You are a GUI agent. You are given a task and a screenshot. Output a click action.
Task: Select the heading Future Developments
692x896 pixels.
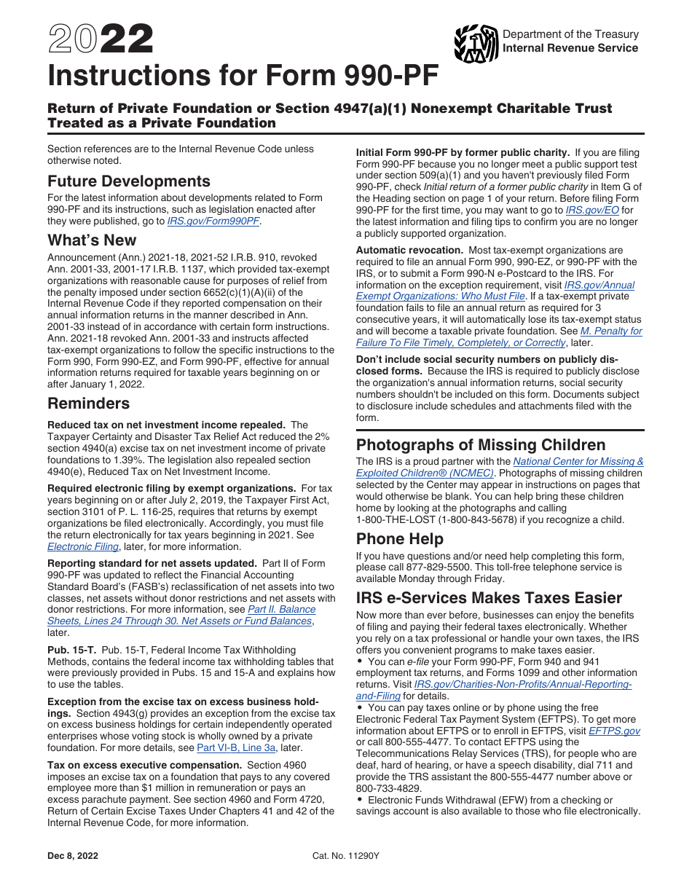click(129, 181)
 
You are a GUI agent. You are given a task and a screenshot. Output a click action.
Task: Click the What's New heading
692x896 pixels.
click(92, 240)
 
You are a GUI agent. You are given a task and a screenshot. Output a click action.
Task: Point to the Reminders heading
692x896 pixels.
click(89, 404)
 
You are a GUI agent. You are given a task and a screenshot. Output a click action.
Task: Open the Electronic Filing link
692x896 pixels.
click(82, 546)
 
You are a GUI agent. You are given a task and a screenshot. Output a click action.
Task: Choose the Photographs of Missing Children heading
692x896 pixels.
click(481, 445)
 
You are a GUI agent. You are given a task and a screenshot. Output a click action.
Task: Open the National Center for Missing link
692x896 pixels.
click(578, 461)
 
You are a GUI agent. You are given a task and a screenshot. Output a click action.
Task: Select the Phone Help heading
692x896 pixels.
click(400, 539)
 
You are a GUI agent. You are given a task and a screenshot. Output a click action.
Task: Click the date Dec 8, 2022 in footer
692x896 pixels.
click(73, 856)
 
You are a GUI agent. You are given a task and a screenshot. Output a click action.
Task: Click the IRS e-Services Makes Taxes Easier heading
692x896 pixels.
click(489, 598)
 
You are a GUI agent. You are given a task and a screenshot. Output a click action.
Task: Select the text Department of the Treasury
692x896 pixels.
click(570, 34)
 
